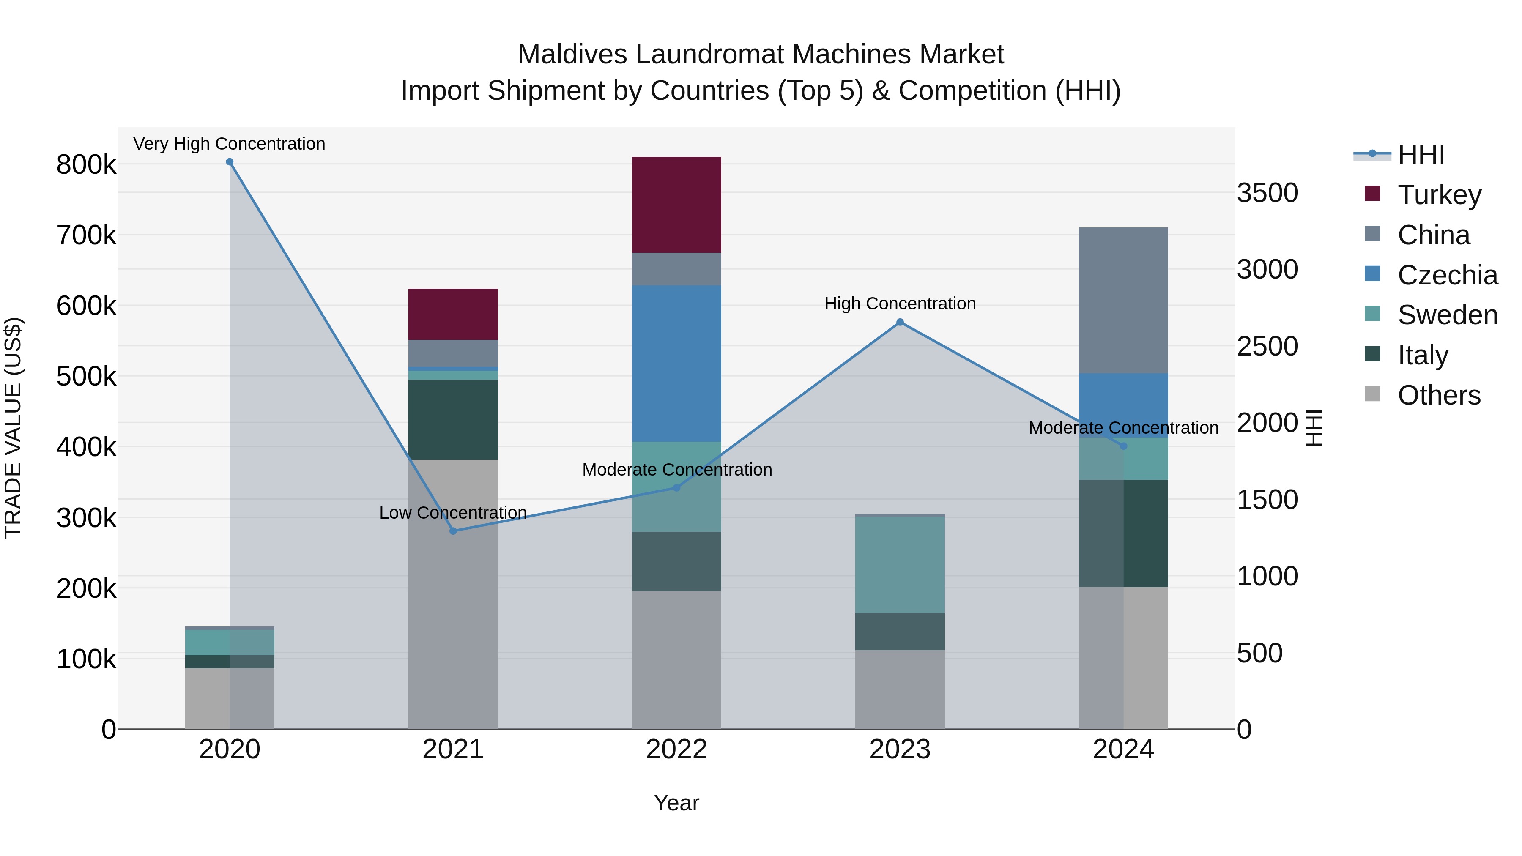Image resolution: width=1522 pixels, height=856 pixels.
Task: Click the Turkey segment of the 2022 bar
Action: click(x=676, y=205)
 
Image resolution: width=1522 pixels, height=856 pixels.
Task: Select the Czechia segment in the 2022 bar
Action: click(x=676, y=363)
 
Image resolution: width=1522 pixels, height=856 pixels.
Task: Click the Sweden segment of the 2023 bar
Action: click(x=899, y=564)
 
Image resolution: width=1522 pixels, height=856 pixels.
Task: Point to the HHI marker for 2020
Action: click(x=230, y=162)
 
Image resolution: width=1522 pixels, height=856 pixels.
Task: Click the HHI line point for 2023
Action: click(x=899, y=323)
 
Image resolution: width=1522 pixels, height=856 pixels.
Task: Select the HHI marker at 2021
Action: click(x=453, y=531)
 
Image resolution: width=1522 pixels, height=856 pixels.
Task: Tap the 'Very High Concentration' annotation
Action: click(x=229, y=144)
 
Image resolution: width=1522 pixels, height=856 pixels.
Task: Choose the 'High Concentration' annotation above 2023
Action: click(x=899, y=304)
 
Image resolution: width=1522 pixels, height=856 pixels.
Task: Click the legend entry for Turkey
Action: click(x=1439, y=195)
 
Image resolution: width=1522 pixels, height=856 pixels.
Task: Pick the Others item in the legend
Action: click(x=1438, y=395)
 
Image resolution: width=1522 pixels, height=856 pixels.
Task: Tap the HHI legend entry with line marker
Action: click(x=1421, y=155)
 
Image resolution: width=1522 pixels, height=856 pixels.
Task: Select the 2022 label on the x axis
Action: click(x=676, y=749)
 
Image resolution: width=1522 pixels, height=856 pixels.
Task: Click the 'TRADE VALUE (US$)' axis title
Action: click(x=14, y=428)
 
